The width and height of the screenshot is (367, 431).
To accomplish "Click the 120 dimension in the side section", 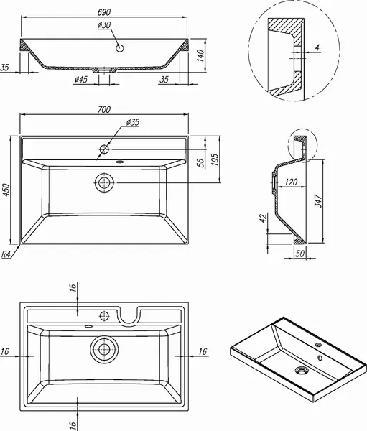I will click(290, 183).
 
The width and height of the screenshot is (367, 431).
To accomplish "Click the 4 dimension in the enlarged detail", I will click(317, 49).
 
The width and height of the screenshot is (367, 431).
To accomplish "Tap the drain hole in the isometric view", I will click(300, 371).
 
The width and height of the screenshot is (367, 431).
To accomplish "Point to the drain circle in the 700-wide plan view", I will click(105, 182).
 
